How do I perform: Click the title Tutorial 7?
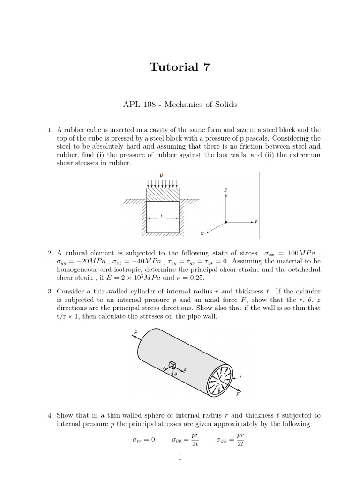(x=180, y=67)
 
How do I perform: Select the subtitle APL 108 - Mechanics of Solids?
(x=180, y=104)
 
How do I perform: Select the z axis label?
(x=226, y=190)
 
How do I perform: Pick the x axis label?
(x=202, y=233)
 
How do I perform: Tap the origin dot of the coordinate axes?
(x=226, y=222)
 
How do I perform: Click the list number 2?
(x=50, y=253)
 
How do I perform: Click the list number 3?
(x=50, y=292)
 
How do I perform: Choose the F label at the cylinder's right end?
(x=238, y=395)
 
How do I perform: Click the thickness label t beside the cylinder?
(x=240, y=377)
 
